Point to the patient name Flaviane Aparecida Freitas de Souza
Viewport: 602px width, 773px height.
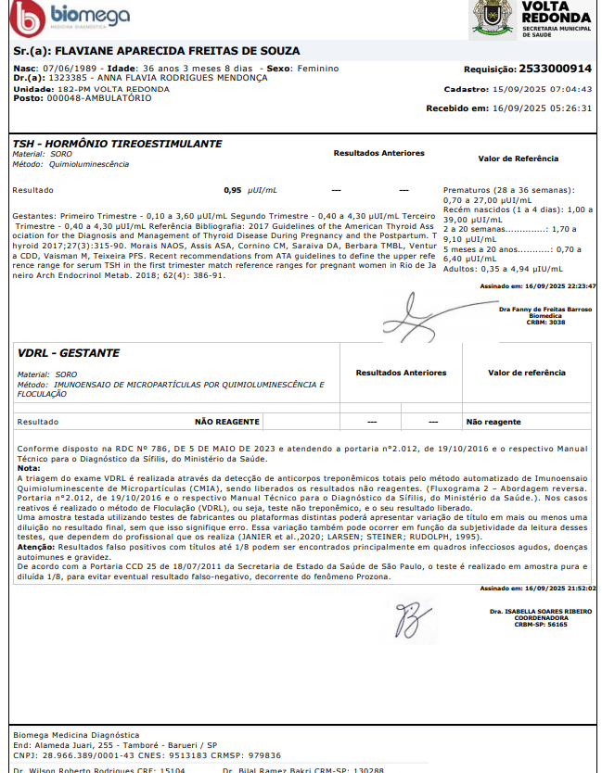tap(176, 50)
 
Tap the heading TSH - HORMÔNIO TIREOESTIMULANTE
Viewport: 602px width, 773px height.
tap(117, 145)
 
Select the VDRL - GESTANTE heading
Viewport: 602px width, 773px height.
tap(69, 353)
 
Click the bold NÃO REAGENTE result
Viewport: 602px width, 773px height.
tap(226, 422)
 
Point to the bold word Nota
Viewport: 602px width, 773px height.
tap(29, 468)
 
